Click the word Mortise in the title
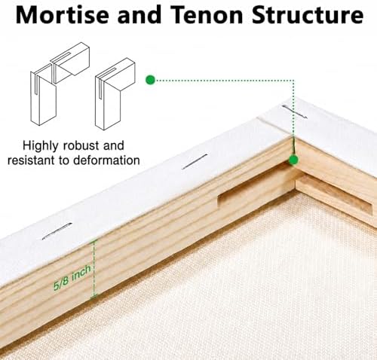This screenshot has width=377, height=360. pyautogui.click(x=63, y=15)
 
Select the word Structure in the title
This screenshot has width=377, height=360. pyautogui.click(x=308, y=15)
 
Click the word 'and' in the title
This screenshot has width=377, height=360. pyautogui.click(x=139, y=15)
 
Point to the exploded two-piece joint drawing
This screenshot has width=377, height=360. pyautogui.click(x=60, y=84)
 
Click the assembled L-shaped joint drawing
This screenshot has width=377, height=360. pyautogui.click(x=115, y=94)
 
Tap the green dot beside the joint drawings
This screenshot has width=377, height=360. pyautogui.click(x=150, y=80)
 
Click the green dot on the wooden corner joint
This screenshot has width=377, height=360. pyautogui.click(x=293, y=160)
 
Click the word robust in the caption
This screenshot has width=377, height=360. pyautogui.click(x=81, y=145)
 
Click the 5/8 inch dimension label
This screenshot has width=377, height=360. pyautogui.click(x=72, y=278)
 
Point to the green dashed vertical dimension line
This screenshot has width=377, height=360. pyautogui.click(x=94, y=269)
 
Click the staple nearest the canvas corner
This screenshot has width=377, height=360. pyautogui.click(x=295, y=111)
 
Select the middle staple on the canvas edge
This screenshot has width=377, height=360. pyautogui.click(x=195, y=161)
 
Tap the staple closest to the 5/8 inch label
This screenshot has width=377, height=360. pyautogui.click(x=57, y=231)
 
